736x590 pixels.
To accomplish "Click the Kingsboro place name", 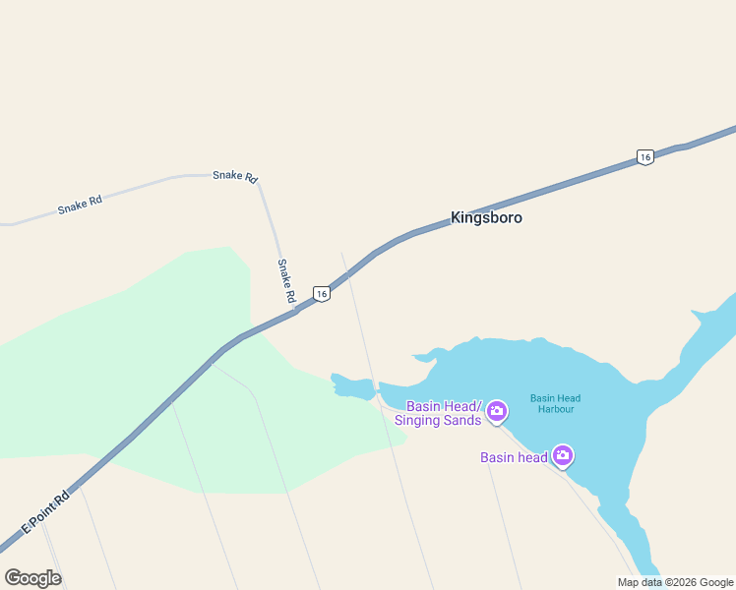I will coord(486,217).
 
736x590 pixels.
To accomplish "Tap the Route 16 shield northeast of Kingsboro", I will coord(644,157).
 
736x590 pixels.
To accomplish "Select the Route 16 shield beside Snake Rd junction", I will coord(321,293).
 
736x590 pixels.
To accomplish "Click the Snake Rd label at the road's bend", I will coord(235,176).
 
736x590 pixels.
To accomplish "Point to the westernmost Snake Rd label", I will coord(80,205).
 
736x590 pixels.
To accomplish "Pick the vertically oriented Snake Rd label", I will coord(285,280).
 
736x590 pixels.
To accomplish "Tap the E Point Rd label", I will coord(48,512).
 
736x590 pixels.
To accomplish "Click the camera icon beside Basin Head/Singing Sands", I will coord(497,410).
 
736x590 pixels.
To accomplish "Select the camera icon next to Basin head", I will coord(563,454).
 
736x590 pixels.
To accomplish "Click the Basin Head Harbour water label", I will coord(556,403).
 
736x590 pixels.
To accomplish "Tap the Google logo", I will coord(32,577).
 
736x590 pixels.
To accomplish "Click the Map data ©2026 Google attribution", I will coord(676,582).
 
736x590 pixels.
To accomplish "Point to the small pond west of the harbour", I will coord(352,386).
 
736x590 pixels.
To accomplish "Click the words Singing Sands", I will coord(438,421).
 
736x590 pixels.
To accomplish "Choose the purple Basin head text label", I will coord(514,457).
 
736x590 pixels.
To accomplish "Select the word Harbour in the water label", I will coord(556,409).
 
